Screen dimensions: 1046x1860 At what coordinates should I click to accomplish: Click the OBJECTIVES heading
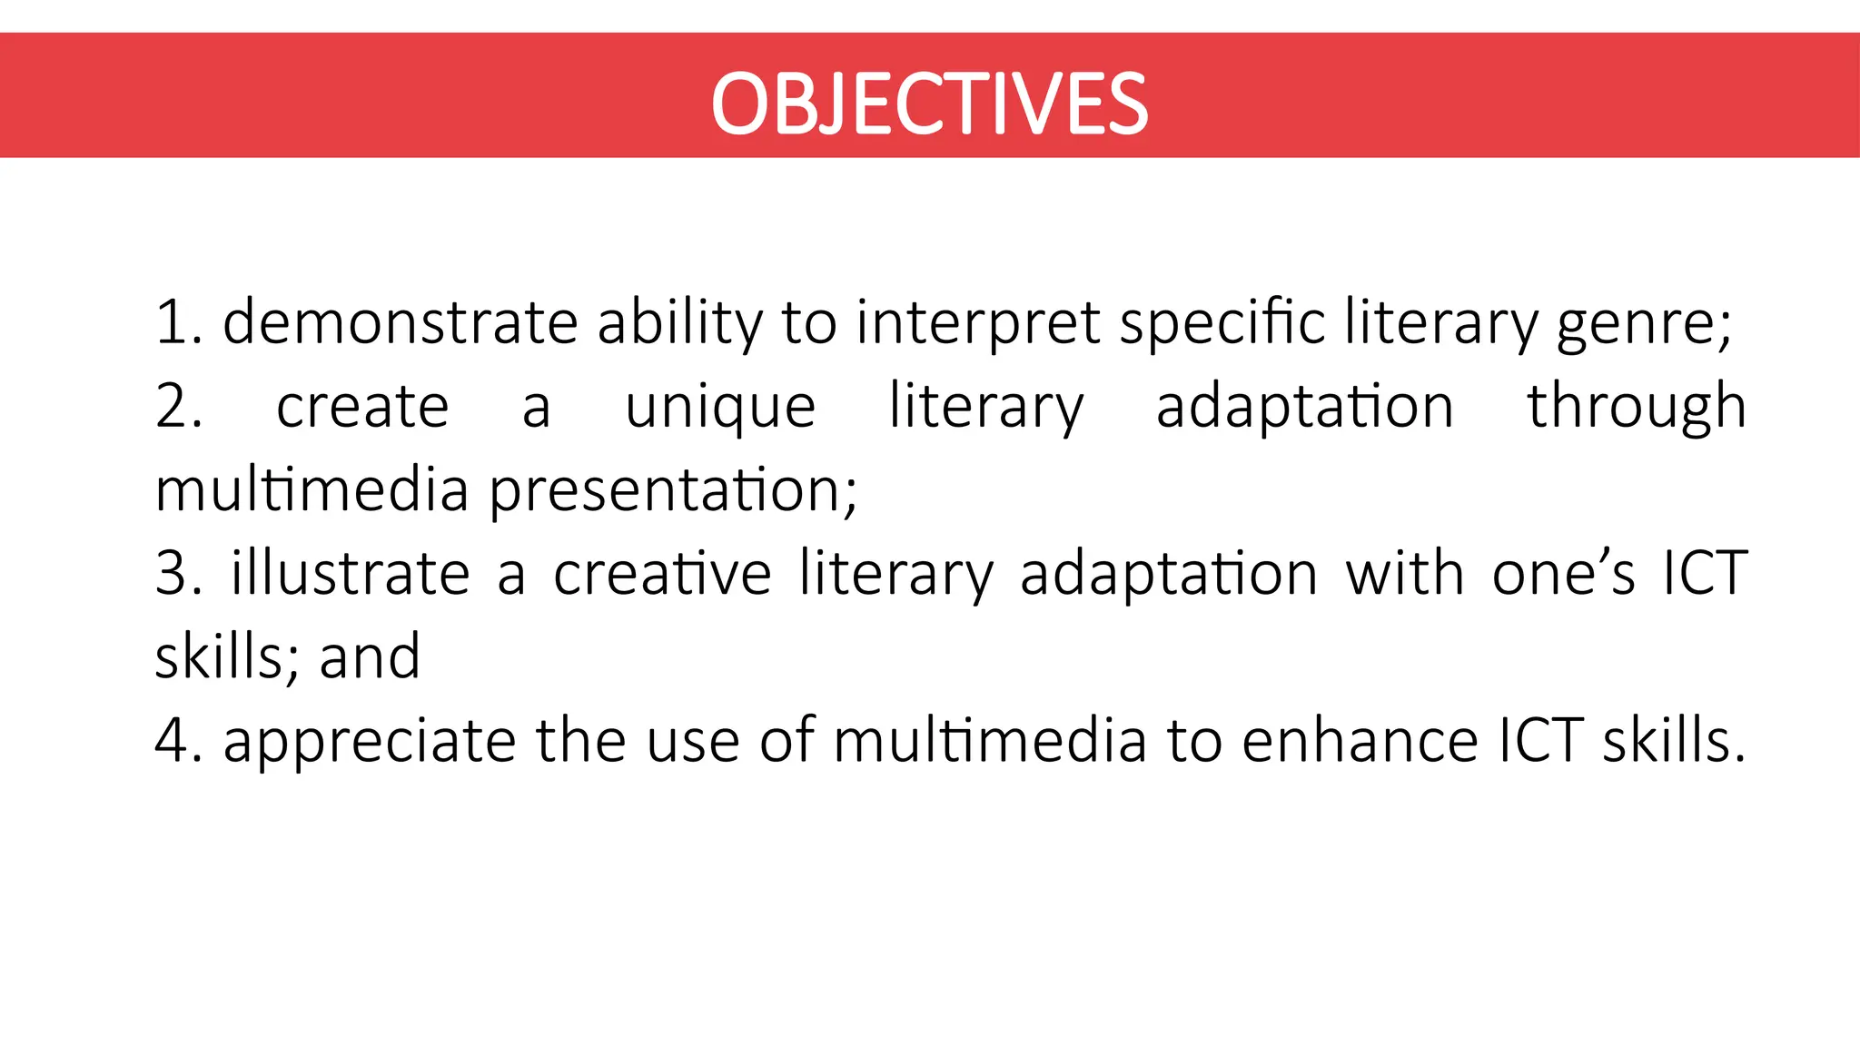[x=929, y=104]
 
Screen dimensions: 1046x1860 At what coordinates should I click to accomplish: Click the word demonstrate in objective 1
[x=401, y=322]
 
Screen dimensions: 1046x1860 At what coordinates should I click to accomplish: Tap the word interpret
[x=978, y=324]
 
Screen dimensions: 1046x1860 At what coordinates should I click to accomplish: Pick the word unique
[x=720, y=408]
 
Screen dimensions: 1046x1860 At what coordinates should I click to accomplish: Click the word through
[x=1637, y=408]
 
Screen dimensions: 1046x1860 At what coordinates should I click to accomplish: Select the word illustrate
[x=351, y=573]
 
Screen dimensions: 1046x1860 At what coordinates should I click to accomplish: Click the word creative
[x=662, y=573]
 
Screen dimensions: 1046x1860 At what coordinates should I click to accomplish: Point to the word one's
[x=1563, y=573]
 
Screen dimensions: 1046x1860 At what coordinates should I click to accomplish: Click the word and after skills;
[x=370, y=656]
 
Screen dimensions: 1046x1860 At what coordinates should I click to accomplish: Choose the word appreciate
[x=371, y=742]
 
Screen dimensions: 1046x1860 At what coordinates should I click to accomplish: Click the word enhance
[x=1360, y=740]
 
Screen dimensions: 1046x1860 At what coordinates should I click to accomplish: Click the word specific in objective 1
[x=1222, y=324]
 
